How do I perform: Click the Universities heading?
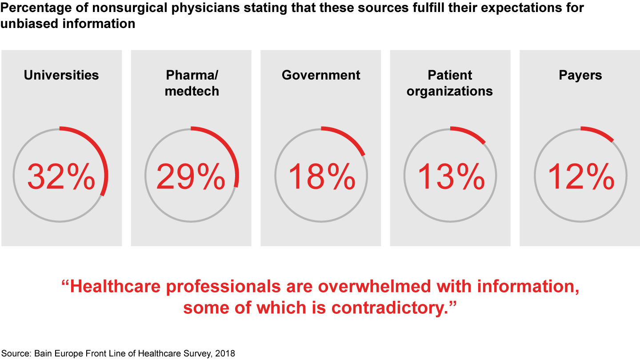61,75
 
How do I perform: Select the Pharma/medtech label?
192,83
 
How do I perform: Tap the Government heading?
321,75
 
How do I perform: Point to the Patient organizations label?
450,83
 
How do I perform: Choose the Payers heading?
580,75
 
